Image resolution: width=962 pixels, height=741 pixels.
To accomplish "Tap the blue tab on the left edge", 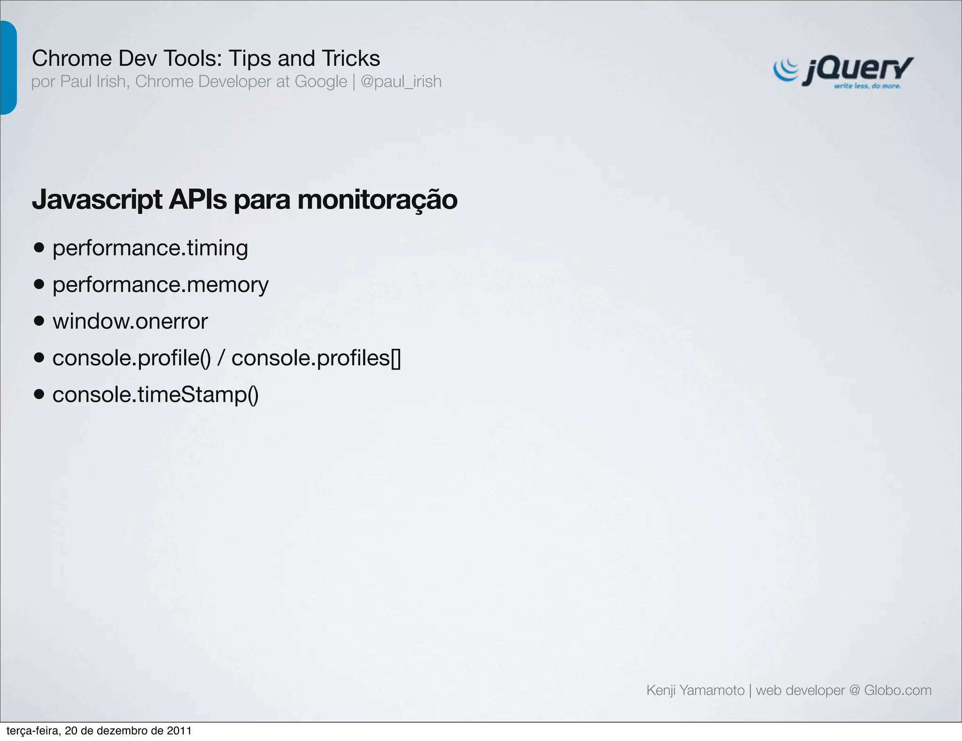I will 8,67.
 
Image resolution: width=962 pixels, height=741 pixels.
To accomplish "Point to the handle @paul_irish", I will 401,82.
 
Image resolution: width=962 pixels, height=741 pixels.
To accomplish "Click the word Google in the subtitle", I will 321,82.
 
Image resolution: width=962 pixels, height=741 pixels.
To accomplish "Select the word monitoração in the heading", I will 377,199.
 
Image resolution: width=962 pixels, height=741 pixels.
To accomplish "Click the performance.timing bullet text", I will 150,248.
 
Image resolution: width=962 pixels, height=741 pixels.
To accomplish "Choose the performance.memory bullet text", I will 160,285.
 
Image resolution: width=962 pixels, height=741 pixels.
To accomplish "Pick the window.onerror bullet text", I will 130,322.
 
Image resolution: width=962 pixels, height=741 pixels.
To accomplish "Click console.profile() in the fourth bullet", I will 132,358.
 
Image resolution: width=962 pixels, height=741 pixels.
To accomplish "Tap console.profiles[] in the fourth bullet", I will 316,358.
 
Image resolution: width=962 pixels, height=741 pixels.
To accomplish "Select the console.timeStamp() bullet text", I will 155,395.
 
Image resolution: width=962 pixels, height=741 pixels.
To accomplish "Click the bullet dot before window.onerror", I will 39,321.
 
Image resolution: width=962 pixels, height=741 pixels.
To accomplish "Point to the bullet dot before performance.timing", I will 39,248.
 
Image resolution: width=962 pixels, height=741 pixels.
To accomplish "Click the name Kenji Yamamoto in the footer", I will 695,690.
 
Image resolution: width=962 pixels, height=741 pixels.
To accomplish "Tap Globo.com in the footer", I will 898,690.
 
